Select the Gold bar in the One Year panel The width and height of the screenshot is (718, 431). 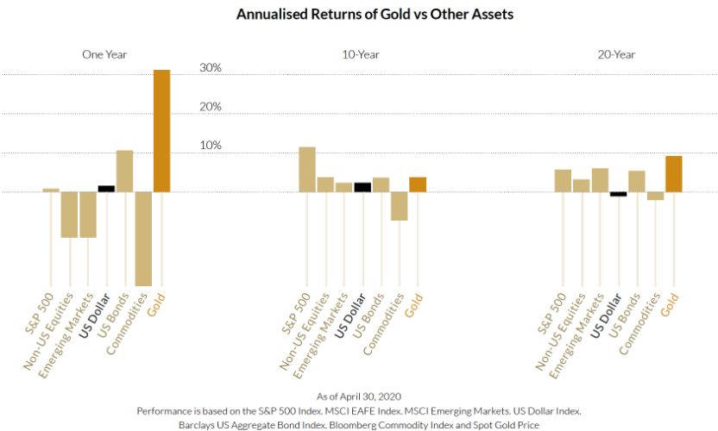(162, 130)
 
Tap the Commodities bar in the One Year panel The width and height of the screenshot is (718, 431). (143, 238)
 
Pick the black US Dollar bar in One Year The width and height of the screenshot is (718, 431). (106, 188)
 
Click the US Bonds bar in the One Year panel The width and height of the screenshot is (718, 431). (125, 171)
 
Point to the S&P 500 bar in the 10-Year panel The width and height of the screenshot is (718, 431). (307, 169)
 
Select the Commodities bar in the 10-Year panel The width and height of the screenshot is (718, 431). (399, 206)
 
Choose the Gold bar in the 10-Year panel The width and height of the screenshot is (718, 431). (418, 184)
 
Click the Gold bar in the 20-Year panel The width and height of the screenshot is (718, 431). (674, 173)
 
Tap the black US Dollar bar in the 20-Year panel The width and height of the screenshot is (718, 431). (619, 194)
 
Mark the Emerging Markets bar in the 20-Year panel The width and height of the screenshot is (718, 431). (601, 179)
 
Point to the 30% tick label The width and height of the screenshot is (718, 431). (211, 67)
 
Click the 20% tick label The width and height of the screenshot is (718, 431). (211, 106)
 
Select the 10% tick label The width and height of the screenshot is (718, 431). (211, 145)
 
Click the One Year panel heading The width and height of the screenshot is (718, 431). (105, 53)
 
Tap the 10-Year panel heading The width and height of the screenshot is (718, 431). (361, 53)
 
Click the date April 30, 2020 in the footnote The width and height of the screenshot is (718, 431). (372, 395)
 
